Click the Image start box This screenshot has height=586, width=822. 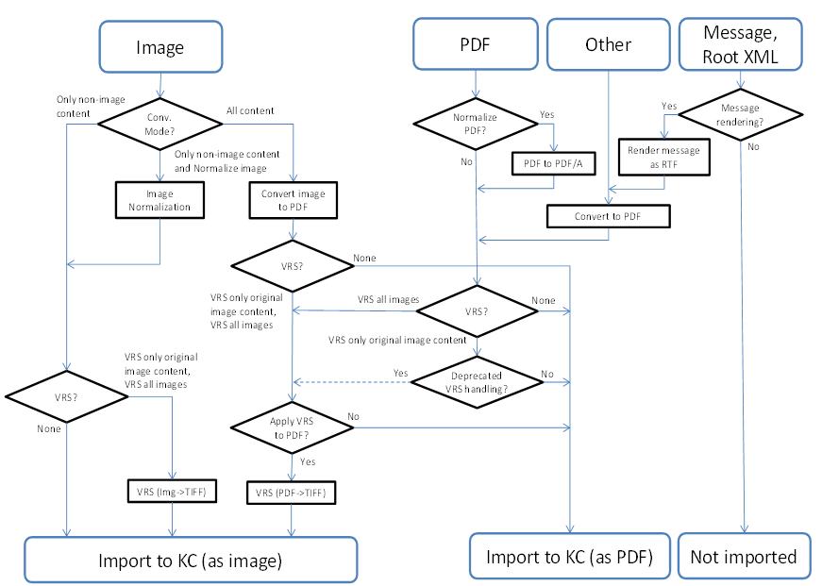(160, 46)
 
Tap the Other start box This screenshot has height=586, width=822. (608, 44)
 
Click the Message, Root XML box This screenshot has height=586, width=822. (740, 44)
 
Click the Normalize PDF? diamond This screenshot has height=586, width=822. (476, 123)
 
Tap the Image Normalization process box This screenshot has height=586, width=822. (160, 200)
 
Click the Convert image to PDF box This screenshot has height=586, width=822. (294, 200)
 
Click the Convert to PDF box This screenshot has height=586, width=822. (608, 217)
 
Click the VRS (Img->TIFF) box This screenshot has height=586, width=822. (173, 492)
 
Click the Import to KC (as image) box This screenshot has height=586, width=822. (190, 560)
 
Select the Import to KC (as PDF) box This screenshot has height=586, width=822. (569, 557)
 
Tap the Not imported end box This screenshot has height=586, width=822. (743, 557)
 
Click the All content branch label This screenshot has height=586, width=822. (250, 110)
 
